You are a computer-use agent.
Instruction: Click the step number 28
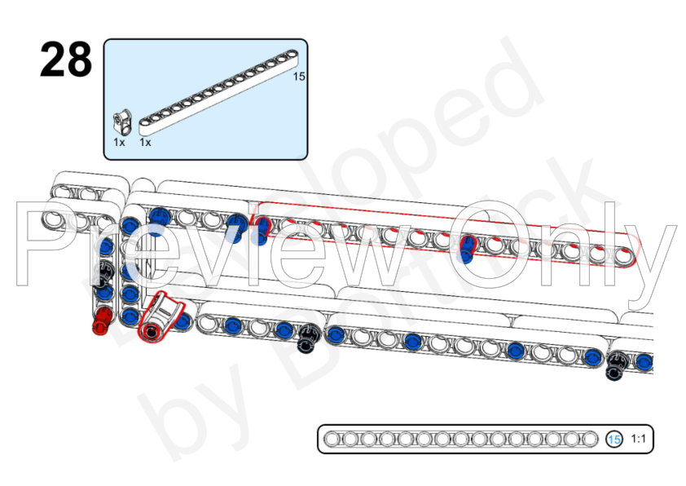point(66,60)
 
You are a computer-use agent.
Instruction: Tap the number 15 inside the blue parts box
point(298,77)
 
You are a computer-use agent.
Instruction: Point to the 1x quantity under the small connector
point(119,142)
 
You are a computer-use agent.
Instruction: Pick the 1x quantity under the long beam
point(146,142)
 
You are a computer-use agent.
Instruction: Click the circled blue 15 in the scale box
point(614,440)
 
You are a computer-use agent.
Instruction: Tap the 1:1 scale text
point(638,440)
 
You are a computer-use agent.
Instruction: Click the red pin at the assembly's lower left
point(101,321)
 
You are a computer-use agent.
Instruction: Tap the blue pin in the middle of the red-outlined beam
point(467,247)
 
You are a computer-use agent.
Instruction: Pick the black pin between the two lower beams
point(309,338)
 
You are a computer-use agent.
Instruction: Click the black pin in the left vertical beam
point(104,272)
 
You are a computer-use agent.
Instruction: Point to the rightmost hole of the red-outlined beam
point(624,257)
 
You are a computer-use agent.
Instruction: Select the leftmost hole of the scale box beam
point(332,440)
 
